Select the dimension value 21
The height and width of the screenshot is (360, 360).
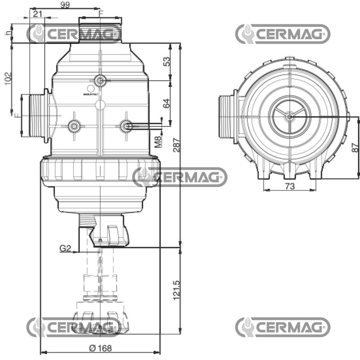coord(38,14)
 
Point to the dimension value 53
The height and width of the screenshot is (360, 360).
coord(166,62)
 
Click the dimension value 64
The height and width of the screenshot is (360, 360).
coord(166,104)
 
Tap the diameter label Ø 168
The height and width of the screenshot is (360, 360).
coord(100,348)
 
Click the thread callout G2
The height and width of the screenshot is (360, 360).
coord(66,248)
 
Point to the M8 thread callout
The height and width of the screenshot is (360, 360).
coord(158,141)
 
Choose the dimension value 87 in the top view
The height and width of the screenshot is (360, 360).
coord(355,148)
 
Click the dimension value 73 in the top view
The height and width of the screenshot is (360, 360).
coord(290,186)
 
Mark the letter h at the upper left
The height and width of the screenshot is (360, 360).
coord(8,33)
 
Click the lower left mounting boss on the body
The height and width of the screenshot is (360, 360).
coord(74,126)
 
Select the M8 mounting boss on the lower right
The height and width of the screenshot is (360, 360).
coord(126,126)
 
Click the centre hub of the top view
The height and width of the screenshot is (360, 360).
coord(289,116)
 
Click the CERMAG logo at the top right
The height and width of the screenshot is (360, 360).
coord(283,34)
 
